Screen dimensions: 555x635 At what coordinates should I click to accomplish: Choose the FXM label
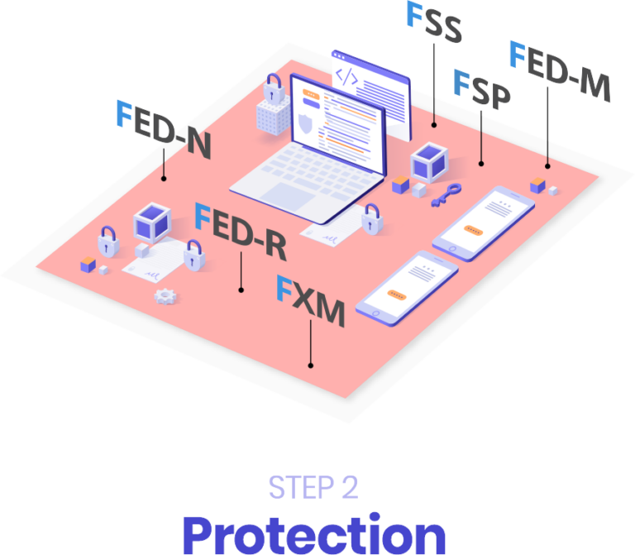310,303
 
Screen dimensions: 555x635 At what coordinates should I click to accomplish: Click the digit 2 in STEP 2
349,487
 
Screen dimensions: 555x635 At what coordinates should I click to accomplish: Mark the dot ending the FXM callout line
310,364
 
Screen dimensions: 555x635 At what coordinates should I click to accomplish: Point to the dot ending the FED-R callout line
241,289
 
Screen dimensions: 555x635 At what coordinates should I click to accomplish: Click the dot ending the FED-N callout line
164,177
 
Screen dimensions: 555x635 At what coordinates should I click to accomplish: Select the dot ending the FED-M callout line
547,165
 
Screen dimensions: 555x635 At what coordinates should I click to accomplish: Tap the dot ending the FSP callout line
481,163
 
